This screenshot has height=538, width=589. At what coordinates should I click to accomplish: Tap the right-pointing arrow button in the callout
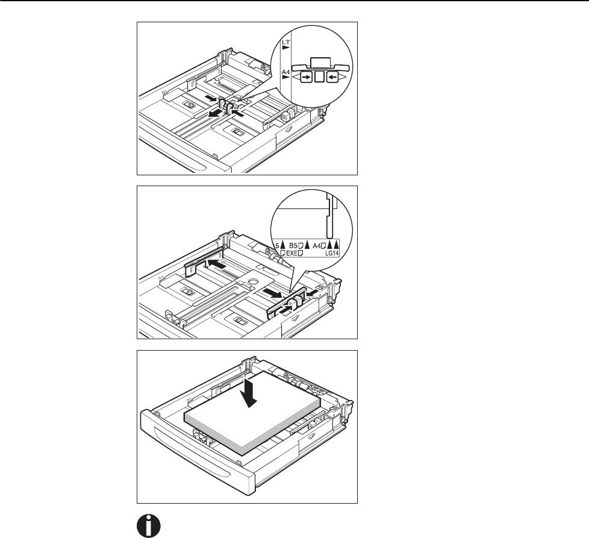coord(306,77)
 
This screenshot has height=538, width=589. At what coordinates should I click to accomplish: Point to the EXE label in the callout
coord(292,254)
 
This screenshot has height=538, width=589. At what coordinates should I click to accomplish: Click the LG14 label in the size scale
coord(332,254)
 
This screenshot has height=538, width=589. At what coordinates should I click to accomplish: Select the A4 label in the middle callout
coord(319,245)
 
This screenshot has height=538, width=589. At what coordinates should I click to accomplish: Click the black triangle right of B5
coord(307,245)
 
